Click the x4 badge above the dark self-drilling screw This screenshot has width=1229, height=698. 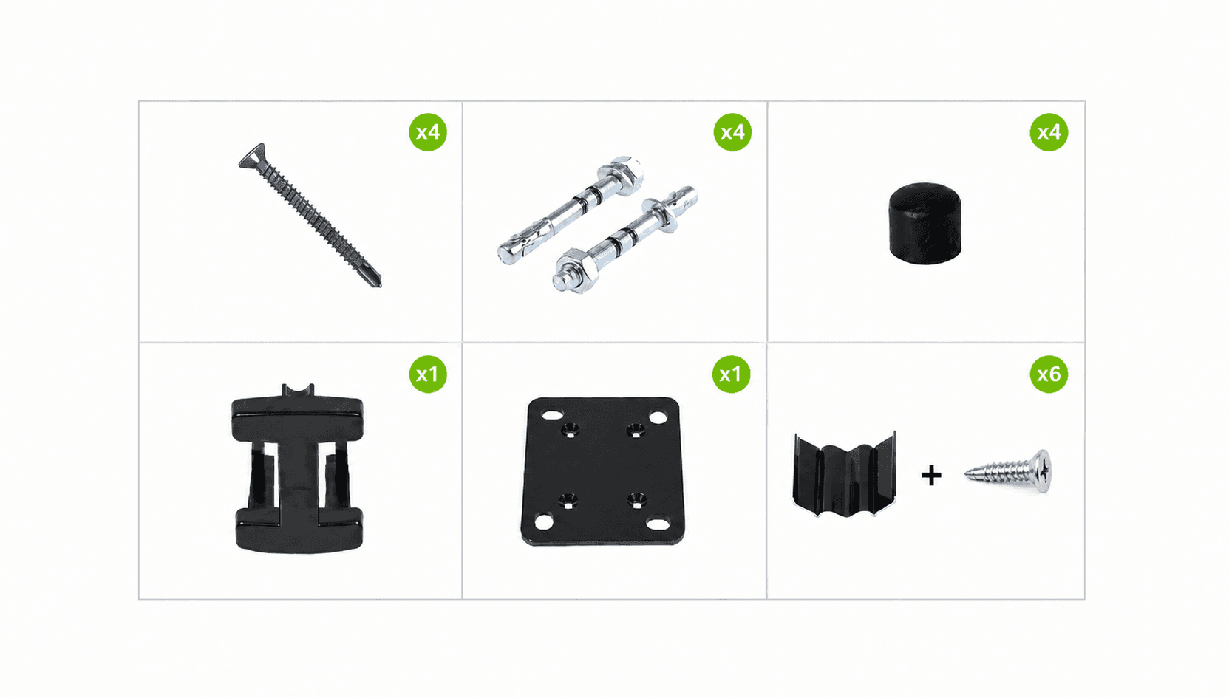pyautogui.click(x=428, y=132)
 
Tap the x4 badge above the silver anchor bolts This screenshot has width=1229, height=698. pyautogui.click(x=732, y=132)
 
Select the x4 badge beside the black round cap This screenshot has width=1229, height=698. pyautogui.click(x=1049, y=132)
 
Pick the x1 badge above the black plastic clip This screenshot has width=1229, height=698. pyautogui.click(x=428, y=374)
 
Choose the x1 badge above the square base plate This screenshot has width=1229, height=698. pyautogui.click(x=731, y=374)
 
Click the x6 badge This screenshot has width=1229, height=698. pyautogui.click(x=1049, y=374)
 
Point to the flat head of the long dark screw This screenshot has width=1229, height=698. pyautogui.click(x=253, y=156)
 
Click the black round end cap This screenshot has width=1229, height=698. pyautogui.click(x=925, y=223)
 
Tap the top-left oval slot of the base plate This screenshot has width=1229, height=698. pyautogui.click(x=552, y=414)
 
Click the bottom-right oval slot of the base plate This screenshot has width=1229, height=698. pyautogui.click(x=657, y=524)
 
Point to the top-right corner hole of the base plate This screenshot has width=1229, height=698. pyautogui.click(x=658, y=418)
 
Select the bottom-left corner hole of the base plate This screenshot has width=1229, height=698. pyautogui.click(x=544, y=521)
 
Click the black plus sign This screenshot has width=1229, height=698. pyautogui.click(x=931, y=476)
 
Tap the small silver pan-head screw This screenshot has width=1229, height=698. pyautogui.click(x=1009, y=471)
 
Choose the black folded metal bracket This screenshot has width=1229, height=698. pyautogui.click(x=844, y=475)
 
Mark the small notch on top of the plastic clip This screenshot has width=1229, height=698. pyautogui.click(x=298, y=390)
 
